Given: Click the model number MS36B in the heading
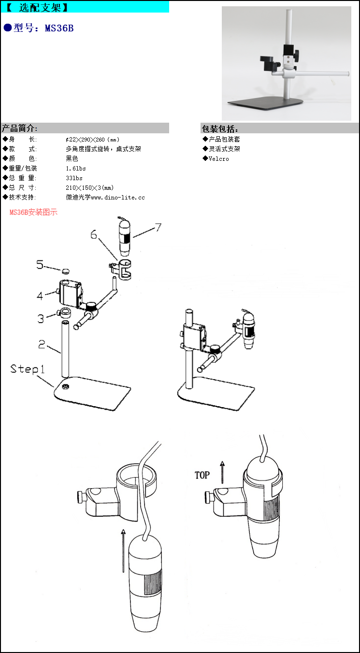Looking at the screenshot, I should coord(59,28).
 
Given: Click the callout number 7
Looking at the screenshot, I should coord(158,227).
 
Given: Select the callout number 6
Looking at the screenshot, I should coord(94,235).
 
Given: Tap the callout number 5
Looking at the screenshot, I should coord(40,265).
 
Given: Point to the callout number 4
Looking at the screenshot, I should coord(40,295).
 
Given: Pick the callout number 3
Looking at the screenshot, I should coord(41,318).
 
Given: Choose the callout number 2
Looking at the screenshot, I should coord(42,344).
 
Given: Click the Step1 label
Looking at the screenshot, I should coord(28,369).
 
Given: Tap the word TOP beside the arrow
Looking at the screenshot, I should coord(202,475).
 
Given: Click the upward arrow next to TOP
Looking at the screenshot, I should coord(222,472).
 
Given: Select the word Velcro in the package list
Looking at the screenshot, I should coord(219,159).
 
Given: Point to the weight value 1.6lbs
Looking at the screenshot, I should coord(76,169).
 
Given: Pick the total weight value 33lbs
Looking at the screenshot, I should coord(74,178).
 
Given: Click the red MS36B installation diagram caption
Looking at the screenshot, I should coord(33,213).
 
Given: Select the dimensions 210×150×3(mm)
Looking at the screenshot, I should coord(89,188).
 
